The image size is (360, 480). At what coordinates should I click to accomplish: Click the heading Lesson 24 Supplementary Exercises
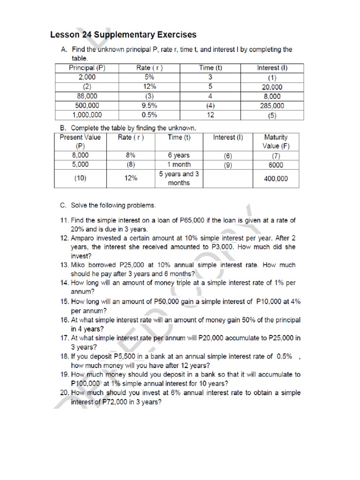(x=123, y=35)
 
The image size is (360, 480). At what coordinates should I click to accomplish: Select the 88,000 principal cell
(x=86, y=96)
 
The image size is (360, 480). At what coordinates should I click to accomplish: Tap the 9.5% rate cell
(x=150, y=105)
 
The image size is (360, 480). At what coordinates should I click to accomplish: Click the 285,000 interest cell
(x=272, y=105)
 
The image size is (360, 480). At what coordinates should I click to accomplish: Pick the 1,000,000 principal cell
(x=86, y=114)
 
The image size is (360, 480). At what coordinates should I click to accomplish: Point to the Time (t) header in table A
(x=210, y=68)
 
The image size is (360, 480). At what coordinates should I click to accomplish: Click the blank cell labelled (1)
(x=272, y=77)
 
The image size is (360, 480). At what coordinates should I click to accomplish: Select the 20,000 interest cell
(x=272, y=87)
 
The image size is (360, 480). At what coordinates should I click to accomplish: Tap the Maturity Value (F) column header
(x=276, y=142)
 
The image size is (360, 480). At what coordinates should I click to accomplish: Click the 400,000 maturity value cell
(x=276, y=179)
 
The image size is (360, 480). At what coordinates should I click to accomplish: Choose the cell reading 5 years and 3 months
(x=179, y=178)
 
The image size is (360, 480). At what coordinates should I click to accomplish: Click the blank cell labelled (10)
(x=80, y=179)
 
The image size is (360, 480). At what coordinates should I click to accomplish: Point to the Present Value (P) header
(x=80, y=142)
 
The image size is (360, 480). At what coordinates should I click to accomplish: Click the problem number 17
(x=65, y=338)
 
